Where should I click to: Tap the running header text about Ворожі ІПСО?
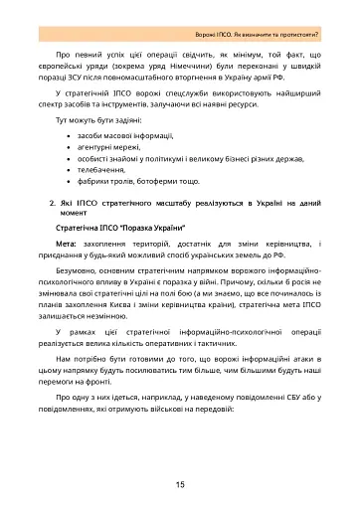pyautogui.click(x=260, y=19)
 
